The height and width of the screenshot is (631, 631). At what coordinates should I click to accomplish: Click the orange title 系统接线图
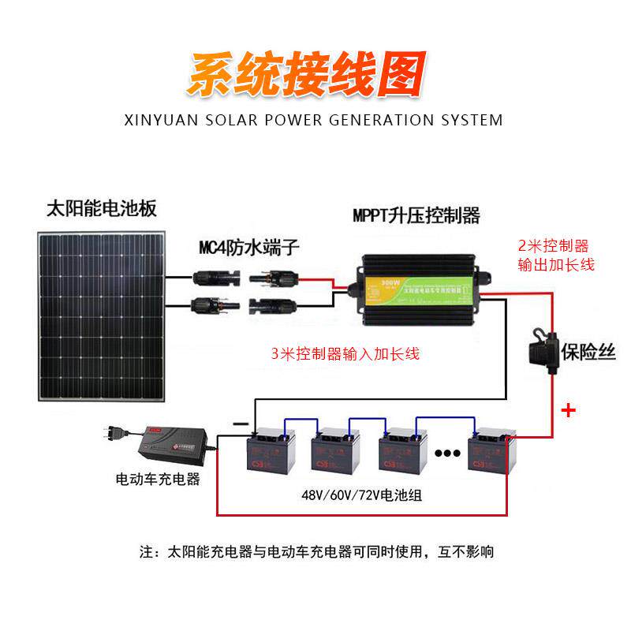point(307,75)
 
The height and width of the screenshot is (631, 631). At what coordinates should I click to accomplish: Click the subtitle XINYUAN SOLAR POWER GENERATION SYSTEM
point(313,121)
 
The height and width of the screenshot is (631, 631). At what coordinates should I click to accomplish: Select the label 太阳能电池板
point(102,209)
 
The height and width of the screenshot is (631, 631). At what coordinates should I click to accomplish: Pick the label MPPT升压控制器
point(416,215)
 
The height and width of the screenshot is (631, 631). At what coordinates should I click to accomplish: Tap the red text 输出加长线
point(555,265)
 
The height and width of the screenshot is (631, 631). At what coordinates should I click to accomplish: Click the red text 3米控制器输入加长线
point(345,354)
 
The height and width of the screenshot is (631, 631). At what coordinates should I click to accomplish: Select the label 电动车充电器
point(158,479)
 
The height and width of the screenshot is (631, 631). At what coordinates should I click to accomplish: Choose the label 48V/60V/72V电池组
point(360,495)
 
